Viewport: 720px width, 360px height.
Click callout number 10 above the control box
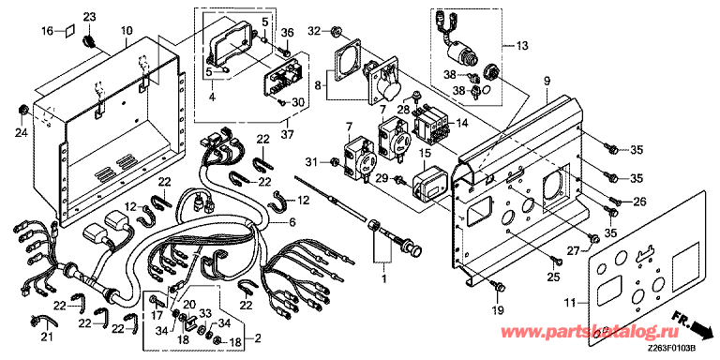coord(127,31)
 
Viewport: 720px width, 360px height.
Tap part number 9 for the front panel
coord(547,82)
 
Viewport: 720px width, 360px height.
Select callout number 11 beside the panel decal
coord(569,303)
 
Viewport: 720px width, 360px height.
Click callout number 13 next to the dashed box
coord(522,45)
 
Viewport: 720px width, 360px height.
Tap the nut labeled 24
coord(22,110)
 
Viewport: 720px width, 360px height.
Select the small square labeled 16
coord(67,32)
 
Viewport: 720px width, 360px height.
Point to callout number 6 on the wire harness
coord(292,223)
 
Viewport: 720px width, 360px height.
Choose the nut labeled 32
coord(337,31)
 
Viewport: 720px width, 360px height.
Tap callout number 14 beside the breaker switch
coord(459,124)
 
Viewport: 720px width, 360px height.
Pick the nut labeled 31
coord(335,161)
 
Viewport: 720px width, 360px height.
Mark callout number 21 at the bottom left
coord(47,338)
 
